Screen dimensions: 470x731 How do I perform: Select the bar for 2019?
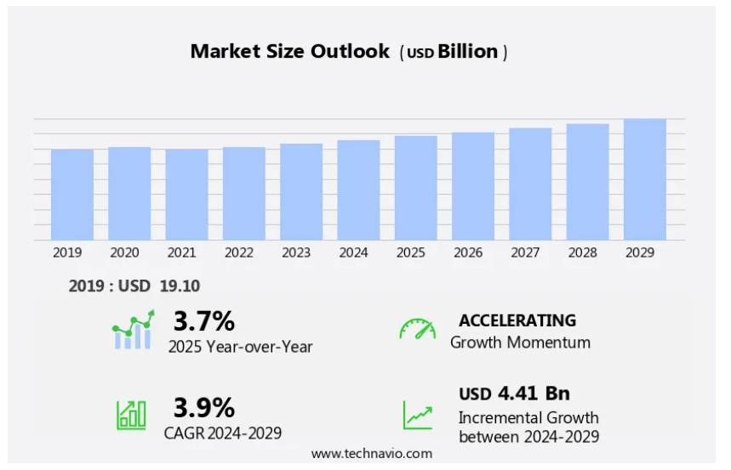pyautogui.click(x=72, y=195)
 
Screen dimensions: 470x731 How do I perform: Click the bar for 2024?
pyautogui.click(x=358, y=190)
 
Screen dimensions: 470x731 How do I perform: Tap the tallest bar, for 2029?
pyautogui.click(x=644, y=179)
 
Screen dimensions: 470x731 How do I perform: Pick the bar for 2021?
pyautogui.click(x=186, y=195)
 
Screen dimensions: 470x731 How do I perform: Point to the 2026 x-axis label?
pyautogui.click(x=472, y=252)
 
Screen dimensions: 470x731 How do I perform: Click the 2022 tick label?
pyautogui.click(x=244, y=252)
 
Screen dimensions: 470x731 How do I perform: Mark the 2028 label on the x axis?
pyautogui.click(x=587, y=252)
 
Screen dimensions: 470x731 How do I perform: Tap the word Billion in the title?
pyautogui.click(x=467, y=51)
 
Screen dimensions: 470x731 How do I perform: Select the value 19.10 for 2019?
pyautogui.click(x=180, y=286)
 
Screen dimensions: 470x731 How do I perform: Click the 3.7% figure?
pyautogui.click(x=203, y=321)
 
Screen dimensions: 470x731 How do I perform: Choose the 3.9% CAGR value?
pyautogui.click(x=203, y=407)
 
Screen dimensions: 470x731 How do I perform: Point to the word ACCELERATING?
pyautogui.click(x=517, y=320)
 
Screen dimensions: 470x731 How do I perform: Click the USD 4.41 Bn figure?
pyautogui.click(x=514, y=394)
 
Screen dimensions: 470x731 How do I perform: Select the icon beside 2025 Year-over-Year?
pyautogui.click(x=133, y=331)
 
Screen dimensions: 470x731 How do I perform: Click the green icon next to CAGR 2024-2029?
pyautogui.click(x=131, y=414)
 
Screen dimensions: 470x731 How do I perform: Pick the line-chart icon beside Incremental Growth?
pyautogui.click(x=417, y=415)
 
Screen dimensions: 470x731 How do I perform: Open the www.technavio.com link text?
pyautogui.click(x=371, y=454)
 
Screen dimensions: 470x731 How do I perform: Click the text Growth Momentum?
pyautogui.click(x=520, y=343)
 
